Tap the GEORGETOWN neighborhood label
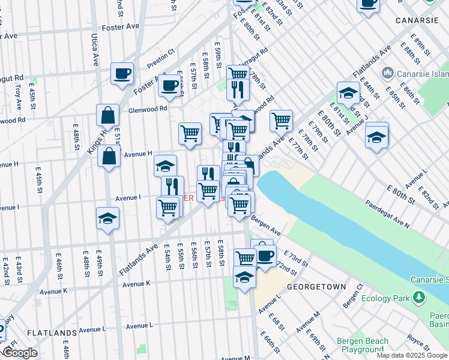pyautogui.click(x=316, y=287)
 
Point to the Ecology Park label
pyautogui.click(x=389, y=298)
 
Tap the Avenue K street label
pyautogui.click(x=136, y=283)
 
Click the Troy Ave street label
pyautogui.click(x=18, y=96)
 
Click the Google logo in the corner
pyautogui.click(x=19, y=353)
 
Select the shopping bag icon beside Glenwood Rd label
pyautogui.click(x=108, y=115)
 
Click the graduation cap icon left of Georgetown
pyautogui.click(x=244, y=278)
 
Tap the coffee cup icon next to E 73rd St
pyautogui.click(x=265, y=255)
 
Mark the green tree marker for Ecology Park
pyautogui.click(x=419, y=298)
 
